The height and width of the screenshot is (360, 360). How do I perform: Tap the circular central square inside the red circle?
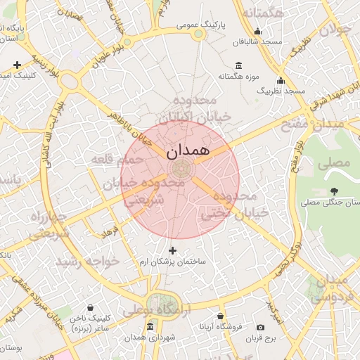180,169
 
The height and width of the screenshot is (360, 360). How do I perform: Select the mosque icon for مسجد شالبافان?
257,31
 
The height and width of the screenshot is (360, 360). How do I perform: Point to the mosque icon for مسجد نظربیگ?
281,80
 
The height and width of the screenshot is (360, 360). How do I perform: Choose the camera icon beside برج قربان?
260,327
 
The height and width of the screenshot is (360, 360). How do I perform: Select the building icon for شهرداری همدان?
150,327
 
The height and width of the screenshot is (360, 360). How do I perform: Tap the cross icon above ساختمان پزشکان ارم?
172,250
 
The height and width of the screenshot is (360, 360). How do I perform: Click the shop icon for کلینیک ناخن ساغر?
90,308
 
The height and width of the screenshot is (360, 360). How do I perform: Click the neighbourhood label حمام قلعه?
117,160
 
